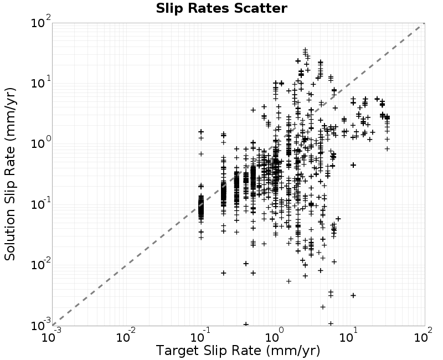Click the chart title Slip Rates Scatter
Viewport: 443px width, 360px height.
point(221,8)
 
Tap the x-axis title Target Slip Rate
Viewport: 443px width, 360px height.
point(209,351)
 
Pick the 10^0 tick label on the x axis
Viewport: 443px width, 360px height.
point(275,336)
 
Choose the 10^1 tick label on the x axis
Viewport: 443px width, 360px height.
point(349,336)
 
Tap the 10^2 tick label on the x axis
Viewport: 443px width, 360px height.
point(423,336)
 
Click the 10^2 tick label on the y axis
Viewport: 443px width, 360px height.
point(41,22)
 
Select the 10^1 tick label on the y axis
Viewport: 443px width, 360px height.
point(41,83)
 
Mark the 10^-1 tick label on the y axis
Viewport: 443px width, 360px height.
point(41,204)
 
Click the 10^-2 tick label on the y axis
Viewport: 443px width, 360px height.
point(41,265)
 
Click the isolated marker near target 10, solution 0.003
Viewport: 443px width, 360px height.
point(353,296)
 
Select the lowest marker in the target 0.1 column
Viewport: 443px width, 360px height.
point(201,238)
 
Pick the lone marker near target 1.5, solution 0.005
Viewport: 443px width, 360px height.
point(289,281)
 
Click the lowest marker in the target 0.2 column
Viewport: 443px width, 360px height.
point(224,273)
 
